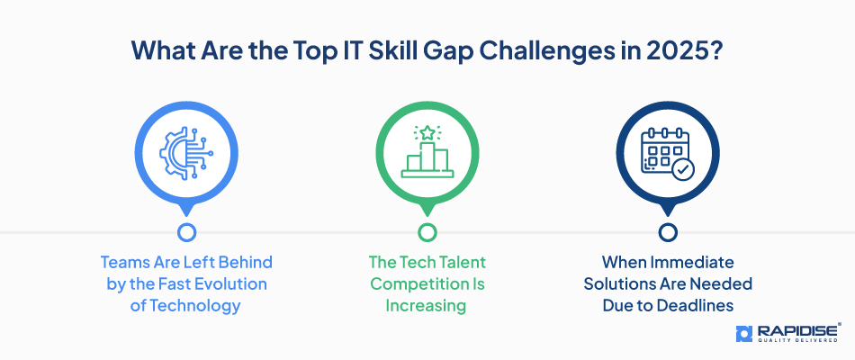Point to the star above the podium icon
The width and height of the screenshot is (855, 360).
tap(427, 132)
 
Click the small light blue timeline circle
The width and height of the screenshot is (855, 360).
tap(186, 232)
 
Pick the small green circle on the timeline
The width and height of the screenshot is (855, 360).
tap(427, 232)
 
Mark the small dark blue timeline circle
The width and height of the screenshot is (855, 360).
tap(668, 232)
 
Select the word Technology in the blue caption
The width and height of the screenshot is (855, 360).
tap(194, 305)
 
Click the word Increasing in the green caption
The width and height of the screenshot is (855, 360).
tap(426, 305)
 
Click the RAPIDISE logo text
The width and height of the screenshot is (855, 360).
tap(798, 331)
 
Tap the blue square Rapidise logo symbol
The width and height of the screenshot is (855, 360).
tap(744, 334)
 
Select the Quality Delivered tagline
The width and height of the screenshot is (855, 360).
tap(797, 341)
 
